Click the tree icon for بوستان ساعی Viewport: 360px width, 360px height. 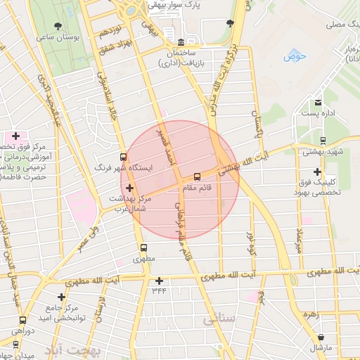tap(58, 26)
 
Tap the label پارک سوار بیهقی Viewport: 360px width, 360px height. tap(185, 4)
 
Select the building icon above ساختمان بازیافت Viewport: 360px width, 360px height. tap(181, 41)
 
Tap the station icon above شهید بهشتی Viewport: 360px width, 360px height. tap(323, 140)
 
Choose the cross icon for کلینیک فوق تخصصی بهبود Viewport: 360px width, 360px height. tap(318, 172)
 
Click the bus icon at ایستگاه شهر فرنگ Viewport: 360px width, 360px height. tap(124, 157)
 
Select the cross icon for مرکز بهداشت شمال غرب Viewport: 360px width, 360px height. tap(129, 188)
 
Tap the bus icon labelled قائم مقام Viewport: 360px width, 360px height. tap(197, 176)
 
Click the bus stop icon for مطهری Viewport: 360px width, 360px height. tap(143, 247)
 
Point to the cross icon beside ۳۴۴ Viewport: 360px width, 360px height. tap(159, 281)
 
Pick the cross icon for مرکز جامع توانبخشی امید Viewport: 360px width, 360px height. tap(62, 297)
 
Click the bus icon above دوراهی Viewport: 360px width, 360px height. tap(22, 321)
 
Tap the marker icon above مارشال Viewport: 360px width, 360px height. tap(321, 337)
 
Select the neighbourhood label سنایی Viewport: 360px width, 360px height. tap(219, 320)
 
